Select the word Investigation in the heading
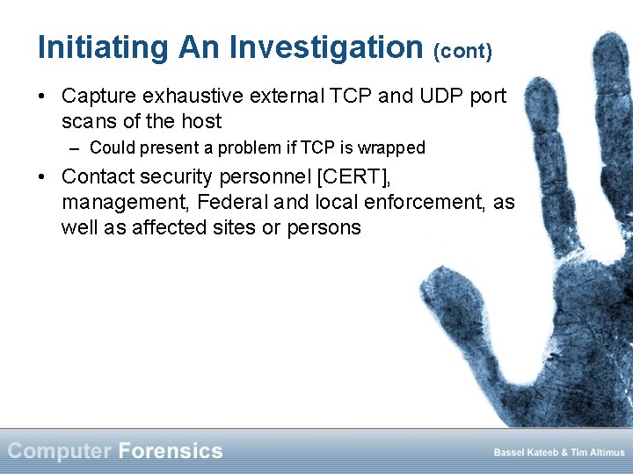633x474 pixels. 326,47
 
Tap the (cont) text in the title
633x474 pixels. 462,50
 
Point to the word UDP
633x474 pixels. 429,96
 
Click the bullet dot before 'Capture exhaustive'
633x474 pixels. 43,96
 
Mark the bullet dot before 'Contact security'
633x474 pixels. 43,176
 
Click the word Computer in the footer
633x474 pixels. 60,451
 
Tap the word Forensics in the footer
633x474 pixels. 171,451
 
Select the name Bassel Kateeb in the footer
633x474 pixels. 525,453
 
